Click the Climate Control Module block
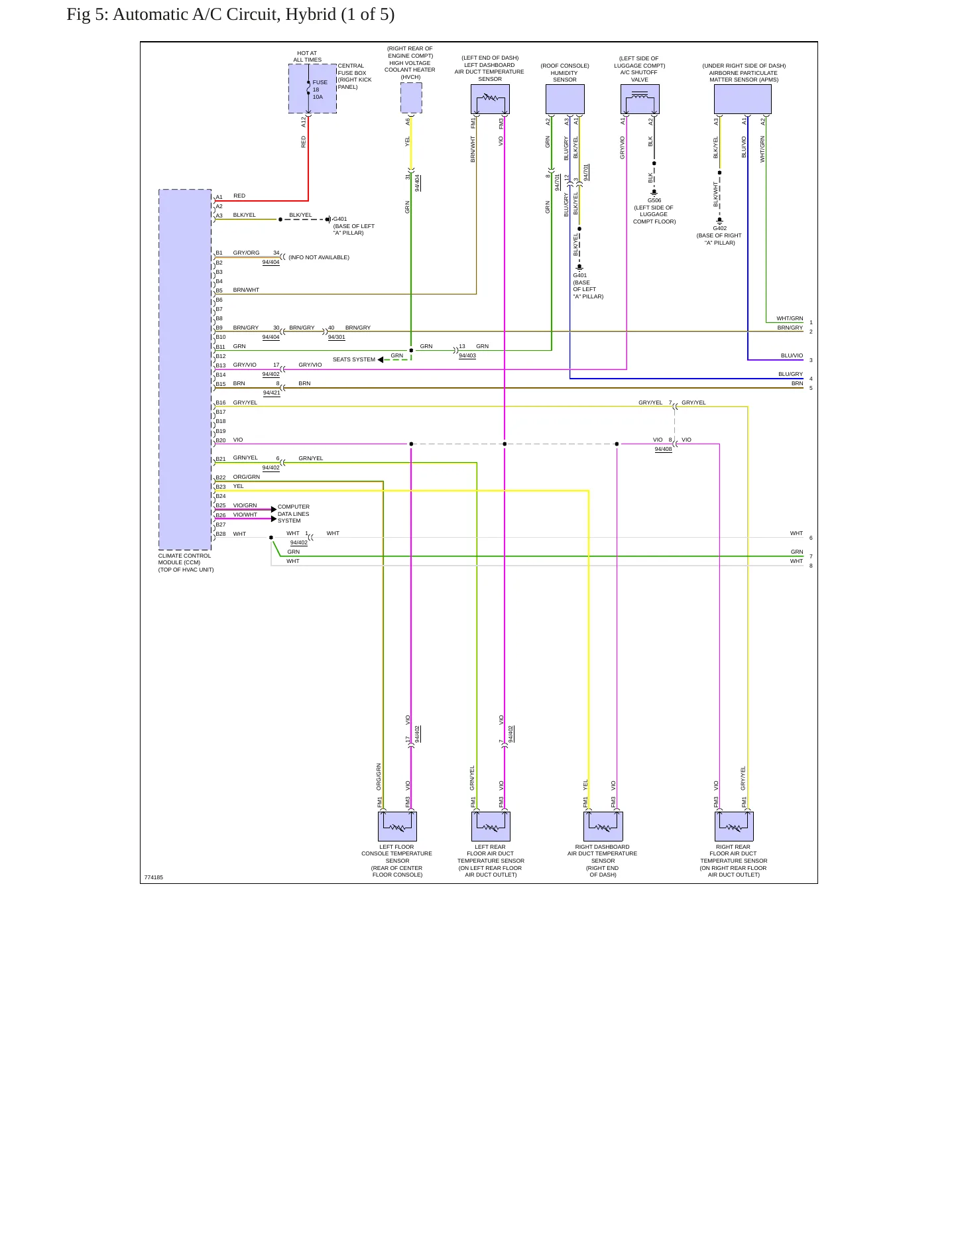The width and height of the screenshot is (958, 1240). click(185, 369)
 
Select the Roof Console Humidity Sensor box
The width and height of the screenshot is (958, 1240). click(565, 99)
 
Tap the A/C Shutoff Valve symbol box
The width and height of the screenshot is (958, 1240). click(640, 99)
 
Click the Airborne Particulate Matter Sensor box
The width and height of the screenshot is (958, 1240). click(743, 99)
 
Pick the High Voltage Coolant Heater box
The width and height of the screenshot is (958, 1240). click(411, 98)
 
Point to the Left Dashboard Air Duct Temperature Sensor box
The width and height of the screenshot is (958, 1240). click(490, 99)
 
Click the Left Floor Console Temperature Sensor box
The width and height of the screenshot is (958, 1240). click(397, 826)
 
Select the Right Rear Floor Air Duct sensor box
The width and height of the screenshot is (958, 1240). click(734, 826)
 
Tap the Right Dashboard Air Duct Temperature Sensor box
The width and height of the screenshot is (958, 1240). click(603, 826)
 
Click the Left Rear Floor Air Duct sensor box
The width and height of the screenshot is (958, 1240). click(491, 826)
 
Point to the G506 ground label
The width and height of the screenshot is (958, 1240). click(654, 200)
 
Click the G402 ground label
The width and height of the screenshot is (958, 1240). click(720, 228)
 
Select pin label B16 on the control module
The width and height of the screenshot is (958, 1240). click(221, 403)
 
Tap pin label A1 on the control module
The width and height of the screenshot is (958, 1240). click(219, 197)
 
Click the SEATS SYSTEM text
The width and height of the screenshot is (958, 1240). click(354, 359)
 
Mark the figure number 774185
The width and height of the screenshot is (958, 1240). click(154, 877)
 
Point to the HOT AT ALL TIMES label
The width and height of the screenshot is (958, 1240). click(308, 56)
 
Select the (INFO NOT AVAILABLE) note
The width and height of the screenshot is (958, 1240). click(319, 257)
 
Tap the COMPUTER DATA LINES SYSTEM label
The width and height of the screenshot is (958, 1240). click(294, 514)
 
